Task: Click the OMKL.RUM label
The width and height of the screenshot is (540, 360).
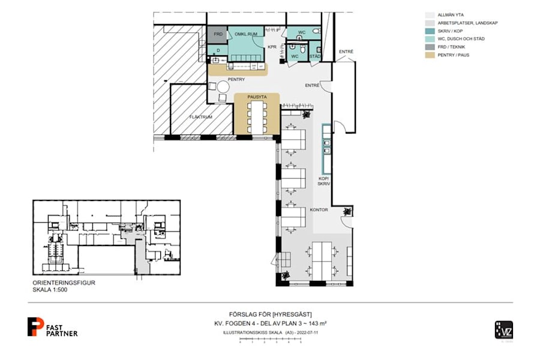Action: click(246, 34)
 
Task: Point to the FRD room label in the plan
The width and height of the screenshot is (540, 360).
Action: click(218, 34)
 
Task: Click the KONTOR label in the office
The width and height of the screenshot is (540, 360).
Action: click(318, 210)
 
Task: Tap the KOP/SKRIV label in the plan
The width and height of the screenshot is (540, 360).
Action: click(325, 182)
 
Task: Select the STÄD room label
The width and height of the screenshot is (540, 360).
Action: click(315, 56)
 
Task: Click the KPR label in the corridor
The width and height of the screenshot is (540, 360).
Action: click(271, 46)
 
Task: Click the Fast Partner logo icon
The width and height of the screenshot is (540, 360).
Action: click(35, 326)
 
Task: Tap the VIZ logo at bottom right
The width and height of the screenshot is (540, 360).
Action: click(503, 330)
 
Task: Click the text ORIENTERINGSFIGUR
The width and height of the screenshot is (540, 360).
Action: click(64, 283)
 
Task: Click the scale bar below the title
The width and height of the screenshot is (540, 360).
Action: click(270, 341)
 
